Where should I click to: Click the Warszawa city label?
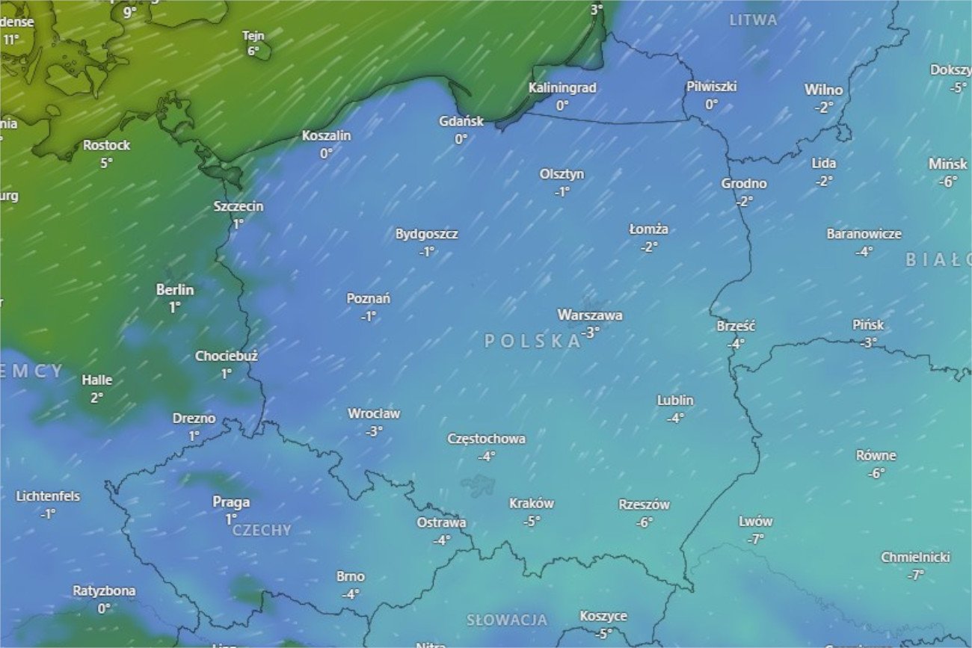pos(590,315)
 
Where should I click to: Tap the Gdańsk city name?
pos(461,121)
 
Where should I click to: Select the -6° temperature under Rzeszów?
pos(645,522)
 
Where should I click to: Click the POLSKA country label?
pos(533,342)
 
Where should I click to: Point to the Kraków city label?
pos(532,504)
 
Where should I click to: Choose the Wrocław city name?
pos(374,413)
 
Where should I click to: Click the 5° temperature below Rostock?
pos(106,162)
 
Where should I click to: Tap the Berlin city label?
pos(175,290)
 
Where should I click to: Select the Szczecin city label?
pos(239,206)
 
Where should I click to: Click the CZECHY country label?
pos(262,531)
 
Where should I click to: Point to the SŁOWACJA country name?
pos(507,620)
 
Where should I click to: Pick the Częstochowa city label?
pos(487,439)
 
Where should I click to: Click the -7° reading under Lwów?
pos(755,539)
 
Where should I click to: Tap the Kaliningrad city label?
pos(562,88)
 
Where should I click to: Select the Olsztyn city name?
pos(562,174)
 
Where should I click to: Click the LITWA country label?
pos(754,21)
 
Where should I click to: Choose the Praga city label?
pos(231,502)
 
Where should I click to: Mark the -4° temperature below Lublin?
pos(675,418)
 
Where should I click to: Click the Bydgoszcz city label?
pos(427,234)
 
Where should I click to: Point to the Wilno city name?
pos(823,90)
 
